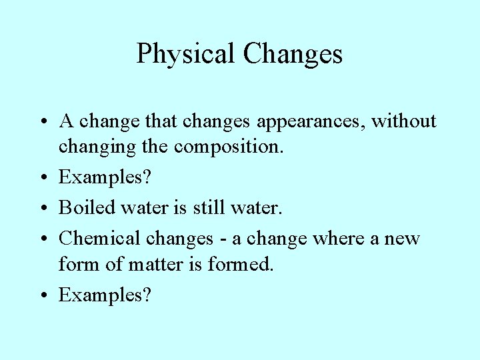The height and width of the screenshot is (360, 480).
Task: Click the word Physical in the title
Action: [x=186, y=54]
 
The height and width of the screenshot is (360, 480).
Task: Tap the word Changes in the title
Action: [x=293, y=54]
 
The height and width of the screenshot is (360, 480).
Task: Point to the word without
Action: [x=404, y=121]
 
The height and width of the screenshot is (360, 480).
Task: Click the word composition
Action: [x=229, y=147]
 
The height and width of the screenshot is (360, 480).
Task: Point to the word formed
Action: [x=241, y=264]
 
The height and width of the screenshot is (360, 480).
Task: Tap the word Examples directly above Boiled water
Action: [x=100, y=177]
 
